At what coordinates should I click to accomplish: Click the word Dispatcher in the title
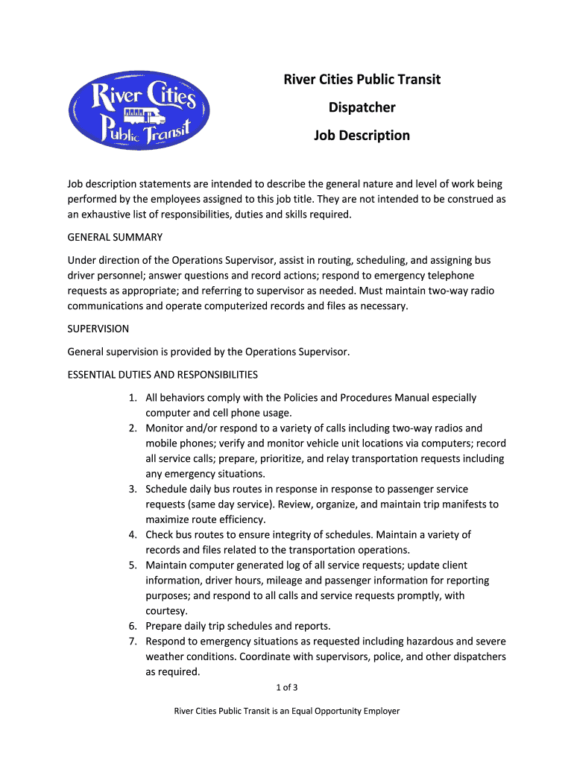coord(362,107)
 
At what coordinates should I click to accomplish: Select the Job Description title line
coord(362,136)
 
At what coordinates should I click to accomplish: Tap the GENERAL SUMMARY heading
coord(115,237)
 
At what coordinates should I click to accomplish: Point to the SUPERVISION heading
coord(98,329)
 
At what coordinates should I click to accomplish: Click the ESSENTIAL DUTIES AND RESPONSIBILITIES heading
coord(163,374)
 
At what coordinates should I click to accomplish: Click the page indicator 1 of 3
coord(287,687)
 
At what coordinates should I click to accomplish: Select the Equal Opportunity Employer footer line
coord(287,711)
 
